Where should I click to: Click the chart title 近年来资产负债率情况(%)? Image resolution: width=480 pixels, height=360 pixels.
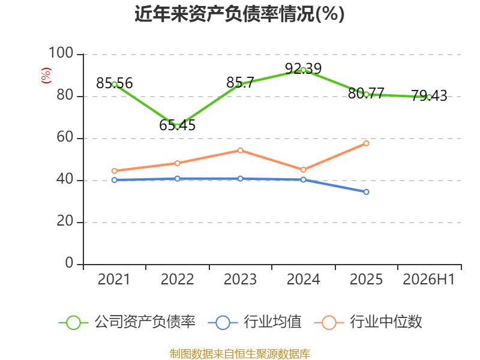tap(239, 14)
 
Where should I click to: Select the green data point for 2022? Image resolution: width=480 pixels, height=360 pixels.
tap(177, 127)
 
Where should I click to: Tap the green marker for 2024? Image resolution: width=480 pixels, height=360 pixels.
tap(304, 70)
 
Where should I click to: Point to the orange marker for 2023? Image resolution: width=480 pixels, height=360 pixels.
tap(241, 151)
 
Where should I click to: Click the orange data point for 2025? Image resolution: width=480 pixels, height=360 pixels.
tap(366, 143)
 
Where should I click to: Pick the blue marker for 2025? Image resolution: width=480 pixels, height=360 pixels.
tap(366, 192)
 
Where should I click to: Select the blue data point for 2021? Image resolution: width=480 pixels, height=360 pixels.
tap(115, 180)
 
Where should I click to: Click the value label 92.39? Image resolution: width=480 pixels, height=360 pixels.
tap(304, 68)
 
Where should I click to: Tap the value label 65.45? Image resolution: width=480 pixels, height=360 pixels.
tap(177, 125)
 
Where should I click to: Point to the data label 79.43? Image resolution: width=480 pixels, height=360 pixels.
tap(429, 96)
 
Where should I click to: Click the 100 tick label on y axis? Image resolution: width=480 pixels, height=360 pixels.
tap(61, 53)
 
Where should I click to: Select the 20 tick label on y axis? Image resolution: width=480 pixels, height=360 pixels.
tap(65, 221)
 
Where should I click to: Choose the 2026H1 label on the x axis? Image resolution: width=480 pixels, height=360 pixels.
tap(429, 279)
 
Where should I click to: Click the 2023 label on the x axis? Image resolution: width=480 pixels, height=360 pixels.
tap(241, 279)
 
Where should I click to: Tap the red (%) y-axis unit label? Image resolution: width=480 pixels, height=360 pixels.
tap(46, 76)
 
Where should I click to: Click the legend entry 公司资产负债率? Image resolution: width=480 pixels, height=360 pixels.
tap(127, 322)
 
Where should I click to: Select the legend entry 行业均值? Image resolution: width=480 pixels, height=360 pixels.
tap(254, 322)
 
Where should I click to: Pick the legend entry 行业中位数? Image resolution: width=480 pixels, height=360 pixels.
tap(368, 322)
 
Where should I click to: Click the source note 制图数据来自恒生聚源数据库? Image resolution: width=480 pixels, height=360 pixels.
tap(240, 354)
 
